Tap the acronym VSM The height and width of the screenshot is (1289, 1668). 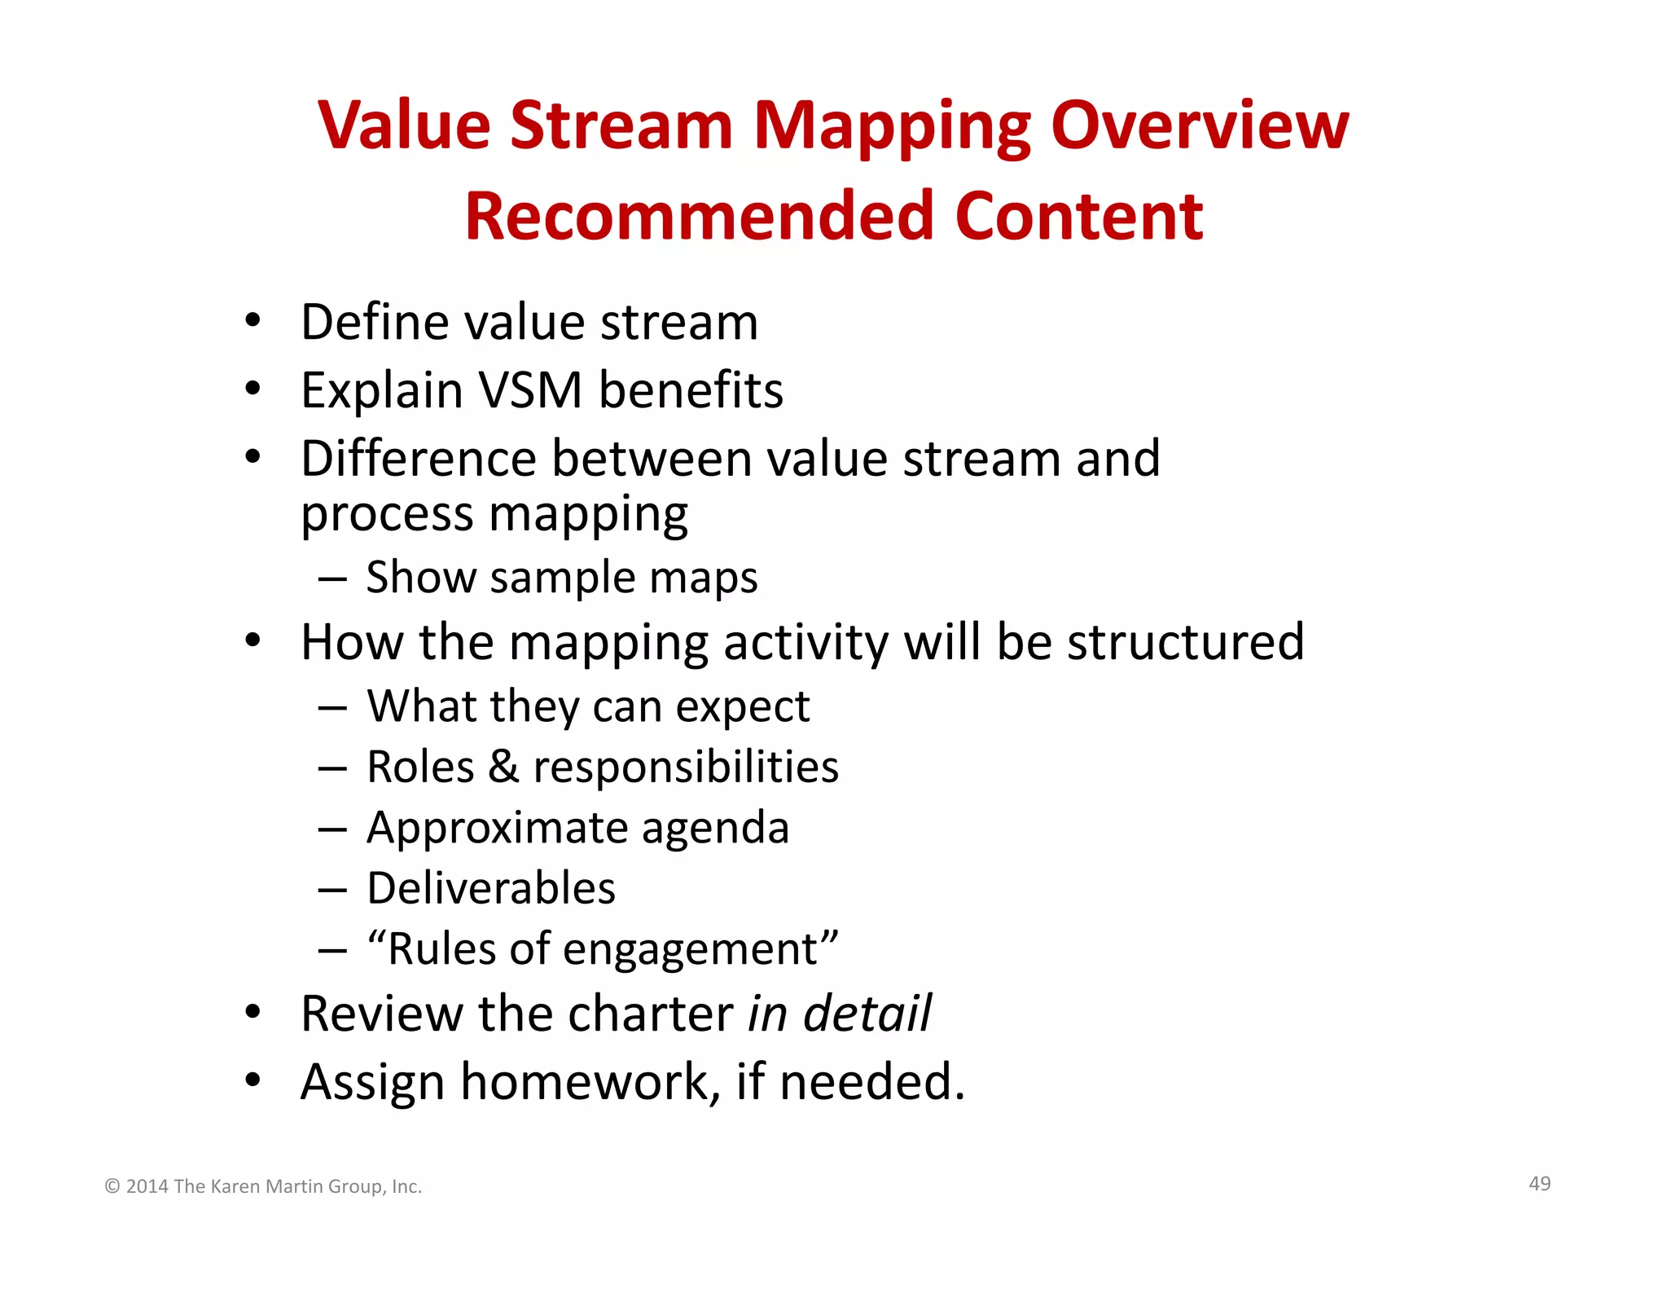pos(530,390)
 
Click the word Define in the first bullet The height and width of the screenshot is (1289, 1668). pos(374,322)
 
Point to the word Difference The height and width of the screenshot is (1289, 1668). pos(418,458)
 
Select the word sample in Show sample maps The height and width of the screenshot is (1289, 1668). pos(562,579)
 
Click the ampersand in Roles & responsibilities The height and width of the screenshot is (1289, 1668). pos(503,768)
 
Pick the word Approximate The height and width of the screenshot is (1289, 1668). pos(496,829)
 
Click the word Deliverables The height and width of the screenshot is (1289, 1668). pos(490,888)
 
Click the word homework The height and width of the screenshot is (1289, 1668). pos(590,1082)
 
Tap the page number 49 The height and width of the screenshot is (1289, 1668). pos(1539,1184)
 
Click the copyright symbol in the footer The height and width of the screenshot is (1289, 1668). pos(112,1187)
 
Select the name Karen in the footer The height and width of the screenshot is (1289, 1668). pos(235,1187)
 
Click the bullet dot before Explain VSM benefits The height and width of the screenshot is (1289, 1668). pos(253,389)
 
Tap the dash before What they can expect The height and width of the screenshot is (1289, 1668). pos(332,708)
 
